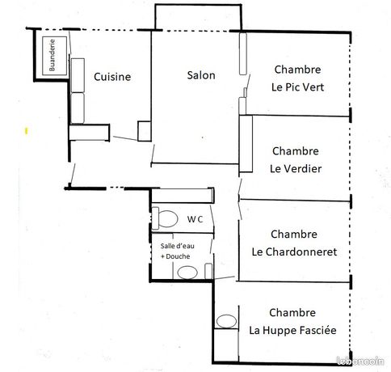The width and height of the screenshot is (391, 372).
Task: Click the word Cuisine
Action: [112, 77]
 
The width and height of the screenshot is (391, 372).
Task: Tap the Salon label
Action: [201, 75]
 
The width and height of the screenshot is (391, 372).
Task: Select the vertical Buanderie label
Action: [52, 55]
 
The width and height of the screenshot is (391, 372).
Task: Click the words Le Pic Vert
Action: [297, 87]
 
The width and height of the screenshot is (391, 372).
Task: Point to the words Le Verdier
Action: [296, 169]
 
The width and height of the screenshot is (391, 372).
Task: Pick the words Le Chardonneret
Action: [294, 252]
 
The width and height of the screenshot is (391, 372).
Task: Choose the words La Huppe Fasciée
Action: [292, 330]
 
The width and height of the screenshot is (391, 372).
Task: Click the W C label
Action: [195, 219]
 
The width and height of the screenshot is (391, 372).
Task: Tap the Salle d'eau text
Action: [178, 246]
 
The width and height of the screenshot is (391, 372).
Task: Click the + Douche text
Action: [175, 256]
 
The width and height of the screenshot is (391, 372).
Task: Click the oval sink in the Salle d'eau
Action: [187, 273]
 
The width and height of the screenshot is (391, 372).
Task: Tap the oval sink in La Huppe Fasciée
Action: [226, 321]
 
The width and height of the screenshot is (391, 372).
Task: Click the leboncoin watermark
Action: [360, 361]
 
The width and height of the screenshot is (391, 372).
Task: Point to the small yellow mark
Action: [26, 131]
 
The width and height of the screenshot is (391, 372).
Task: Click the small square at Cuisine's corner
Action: [145, 131]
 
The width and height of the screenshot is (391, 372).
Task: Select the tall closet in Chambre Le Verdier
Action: [246, 144]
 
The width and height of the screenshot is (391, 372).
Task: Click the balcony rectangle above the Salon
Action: [198, 17]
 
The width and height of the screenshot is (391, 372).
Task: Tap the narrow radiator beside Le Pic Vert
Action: [243, 53]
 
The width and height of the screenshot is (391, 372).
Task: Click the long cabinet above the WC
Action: [183, 196]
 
